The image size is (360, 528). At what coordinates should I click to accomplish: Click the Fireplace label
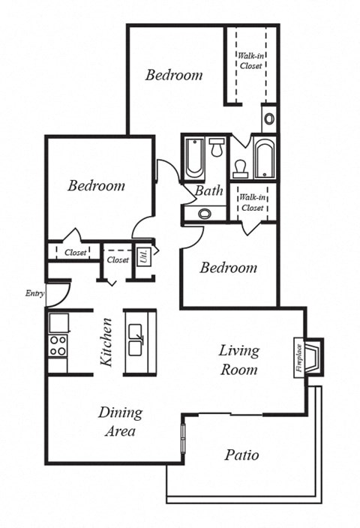(298, 358)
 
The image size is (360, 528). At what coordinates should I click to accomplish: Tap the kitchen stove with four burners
(58, 345)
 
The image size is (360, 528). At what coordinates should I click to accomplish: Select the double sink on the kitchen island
(137, 340)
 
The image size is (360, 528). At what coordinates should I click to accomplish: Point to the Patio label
(241, 454)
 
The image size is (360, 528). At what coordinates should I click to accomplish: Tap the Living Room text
(238, 359)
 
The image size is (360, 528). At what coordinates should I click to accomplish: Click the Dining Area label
(120, 421)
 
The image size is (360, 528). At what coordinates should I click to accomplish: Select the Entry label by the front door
(34, 293)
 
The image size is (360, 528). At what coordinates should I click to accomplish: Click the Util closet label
(142, 255)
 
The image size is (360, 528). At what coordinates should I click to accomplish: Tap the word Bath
(209, 190)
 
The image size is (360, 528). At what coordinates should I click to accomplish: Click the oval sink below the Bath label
(204, 213)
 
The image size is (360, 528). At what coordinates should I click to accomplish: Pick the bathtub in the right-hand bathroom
(264, 159)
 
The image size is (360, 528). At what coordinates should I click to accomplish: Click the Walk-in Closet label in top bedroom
(250, 60)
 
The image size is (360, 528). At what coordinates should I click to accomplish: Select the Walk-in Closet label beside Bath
(251, 202)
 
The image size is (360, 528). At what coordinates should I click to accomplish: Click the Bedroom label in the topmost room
(174, 75)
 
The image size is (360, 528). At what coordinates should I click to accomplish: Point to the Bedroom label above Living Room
(229, 268)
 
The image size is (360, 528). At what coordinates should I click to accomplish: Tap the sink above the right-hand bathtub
(269, 118)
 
